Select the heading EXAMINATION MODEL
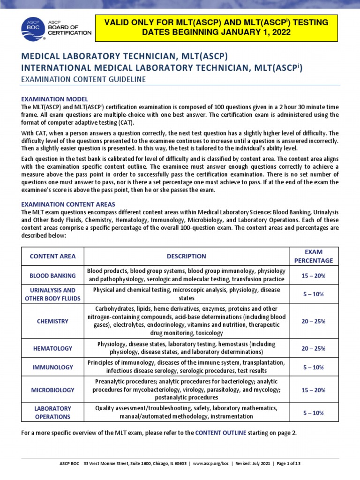(x=55, y=99)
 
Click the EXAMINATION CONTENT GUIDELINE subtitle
(x=83, y=80)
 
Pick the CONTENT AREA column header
(x=52, y=256)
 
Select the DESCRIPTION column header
(x=186, y=256)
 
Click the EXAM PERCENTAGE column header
(x=314, y=256)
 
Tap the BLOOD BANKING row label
(x=52, y=276)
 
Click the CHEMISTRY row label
(x=52, y=321)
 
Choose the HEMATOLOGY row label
(x=52, y=348)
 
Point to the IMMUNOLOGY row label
(x=52, y=367)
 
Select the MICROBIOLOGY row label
(x=52, y=390)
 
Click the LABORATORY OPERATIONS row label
(x=52, y=412)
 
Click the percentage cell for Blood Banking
(x=314, y=276)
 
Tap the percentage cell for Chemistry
(x=314, y=321)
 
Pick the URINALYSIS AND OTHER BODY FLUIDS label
(x=52, y=294)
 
